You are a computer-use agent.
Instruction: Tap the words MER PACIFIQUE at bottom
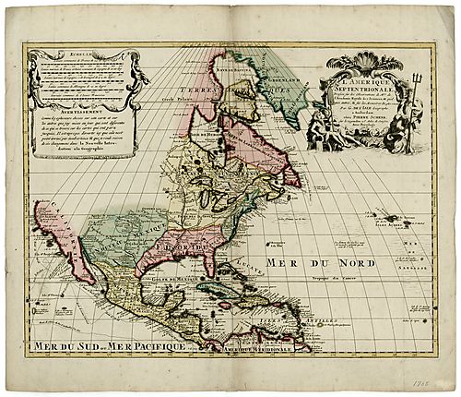pos(148,347)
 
